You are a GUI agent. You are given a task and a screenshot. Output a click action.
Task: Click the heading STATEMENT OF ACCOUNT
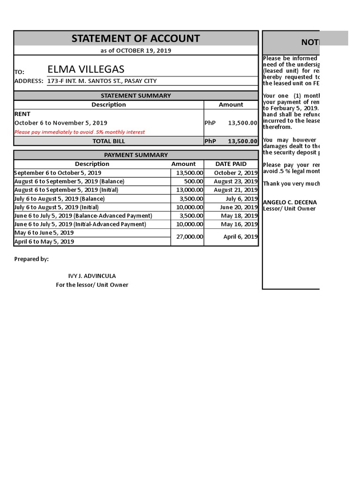pyautogui.click(x=135, y=38)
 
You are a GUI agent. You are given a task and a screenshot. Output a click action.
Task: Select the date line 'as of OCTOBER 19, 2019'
pyautogui.click(x=135, y=51)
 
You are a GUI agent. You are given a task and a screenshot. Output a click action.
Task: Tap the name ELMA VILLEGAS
pyautogui.click(x=86, y=70)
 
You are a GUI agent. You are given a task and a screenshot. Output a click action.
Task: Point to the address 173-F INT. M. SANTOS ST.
pyautogui.click(x=102, y=81)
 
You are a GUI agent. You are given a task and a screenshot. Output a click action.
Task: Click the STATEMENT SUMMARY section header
pyautogui.click(x=135, y=96)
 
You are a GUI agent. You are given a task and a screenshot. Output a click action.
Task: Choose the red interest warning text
pyautogui.click(x=80, y=132)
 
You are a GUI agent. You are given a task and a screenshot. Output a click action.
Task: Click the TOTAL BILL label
pyautogui.click(x=109, y=141)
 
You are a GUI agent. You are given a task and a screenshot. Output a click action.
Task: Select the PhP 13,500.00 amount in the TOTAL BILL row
pyautogui.click(x=231, y=141)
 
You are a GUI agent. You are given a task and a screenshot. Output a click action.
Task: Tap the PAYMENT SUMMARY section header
pyautogui.click(x=135, y=155)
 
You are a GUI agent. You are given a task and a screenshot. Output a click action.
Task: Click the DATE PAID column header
pyautogui.click(x=231, y=164)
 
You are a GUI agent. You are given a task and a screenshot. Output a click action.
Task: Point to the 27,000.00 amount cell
pyautogui.click(x=187, y=237)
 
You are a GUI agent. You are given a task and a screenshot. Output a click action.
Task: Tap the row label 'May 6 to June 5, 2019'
pyautogui.click(x=44, y=232)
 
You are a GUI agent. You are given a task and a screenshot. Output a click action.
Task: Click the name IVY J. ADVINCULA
pyautogui.click(x=92, y=276)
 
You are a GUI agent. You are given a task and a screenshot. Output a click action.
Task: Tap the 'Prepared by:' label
pyautogui.click(x=31, y=259)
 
